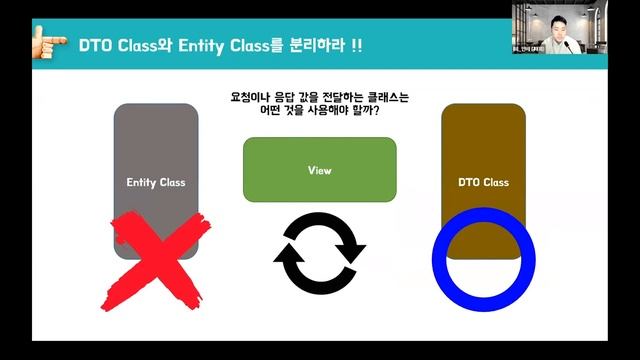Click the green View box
(320, 170)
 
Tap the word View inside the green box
(320, 170)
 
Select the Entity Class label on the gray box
(156, 183)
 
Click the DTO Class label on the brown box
(483, 183)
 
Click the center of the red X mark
(150, 263)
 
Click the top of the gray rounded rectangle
(156, 106)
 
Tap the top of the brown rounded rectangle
(483, 106)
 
